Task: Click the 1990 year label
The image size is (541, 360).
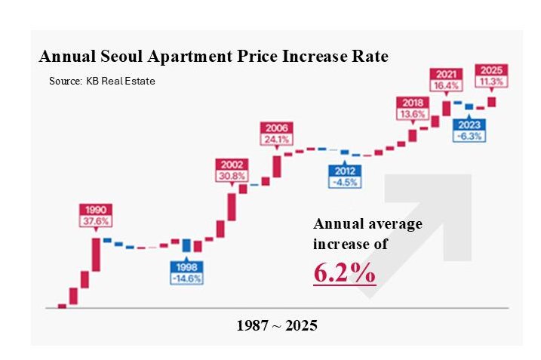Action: [95, 209]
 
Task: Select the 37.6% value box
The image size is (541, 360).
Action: [95, 221]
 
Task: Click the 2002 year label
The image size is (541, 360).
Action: [232, 164]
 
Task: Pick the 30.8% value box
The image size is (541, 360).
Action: [232, 176]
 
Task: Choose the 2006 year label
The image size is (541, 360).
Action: [275, 128]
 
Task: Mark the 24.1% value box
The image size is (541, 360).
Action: [275, 140]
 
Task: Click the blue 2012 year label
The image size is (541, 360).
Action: [344, 170]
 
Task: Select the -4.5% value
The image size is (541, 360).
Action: [344, 182]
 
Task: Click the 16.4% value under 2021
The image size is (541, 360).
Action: [445, 86]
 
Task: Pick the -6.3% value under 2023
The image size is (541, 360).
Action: [469, 137]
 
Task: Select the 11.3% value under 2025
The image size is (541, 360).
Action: [490, 82]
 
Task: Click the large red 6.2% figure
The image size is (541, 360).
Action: [345, 274]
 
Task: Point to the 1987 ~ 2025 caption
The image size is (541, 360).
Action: [277, 326]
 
